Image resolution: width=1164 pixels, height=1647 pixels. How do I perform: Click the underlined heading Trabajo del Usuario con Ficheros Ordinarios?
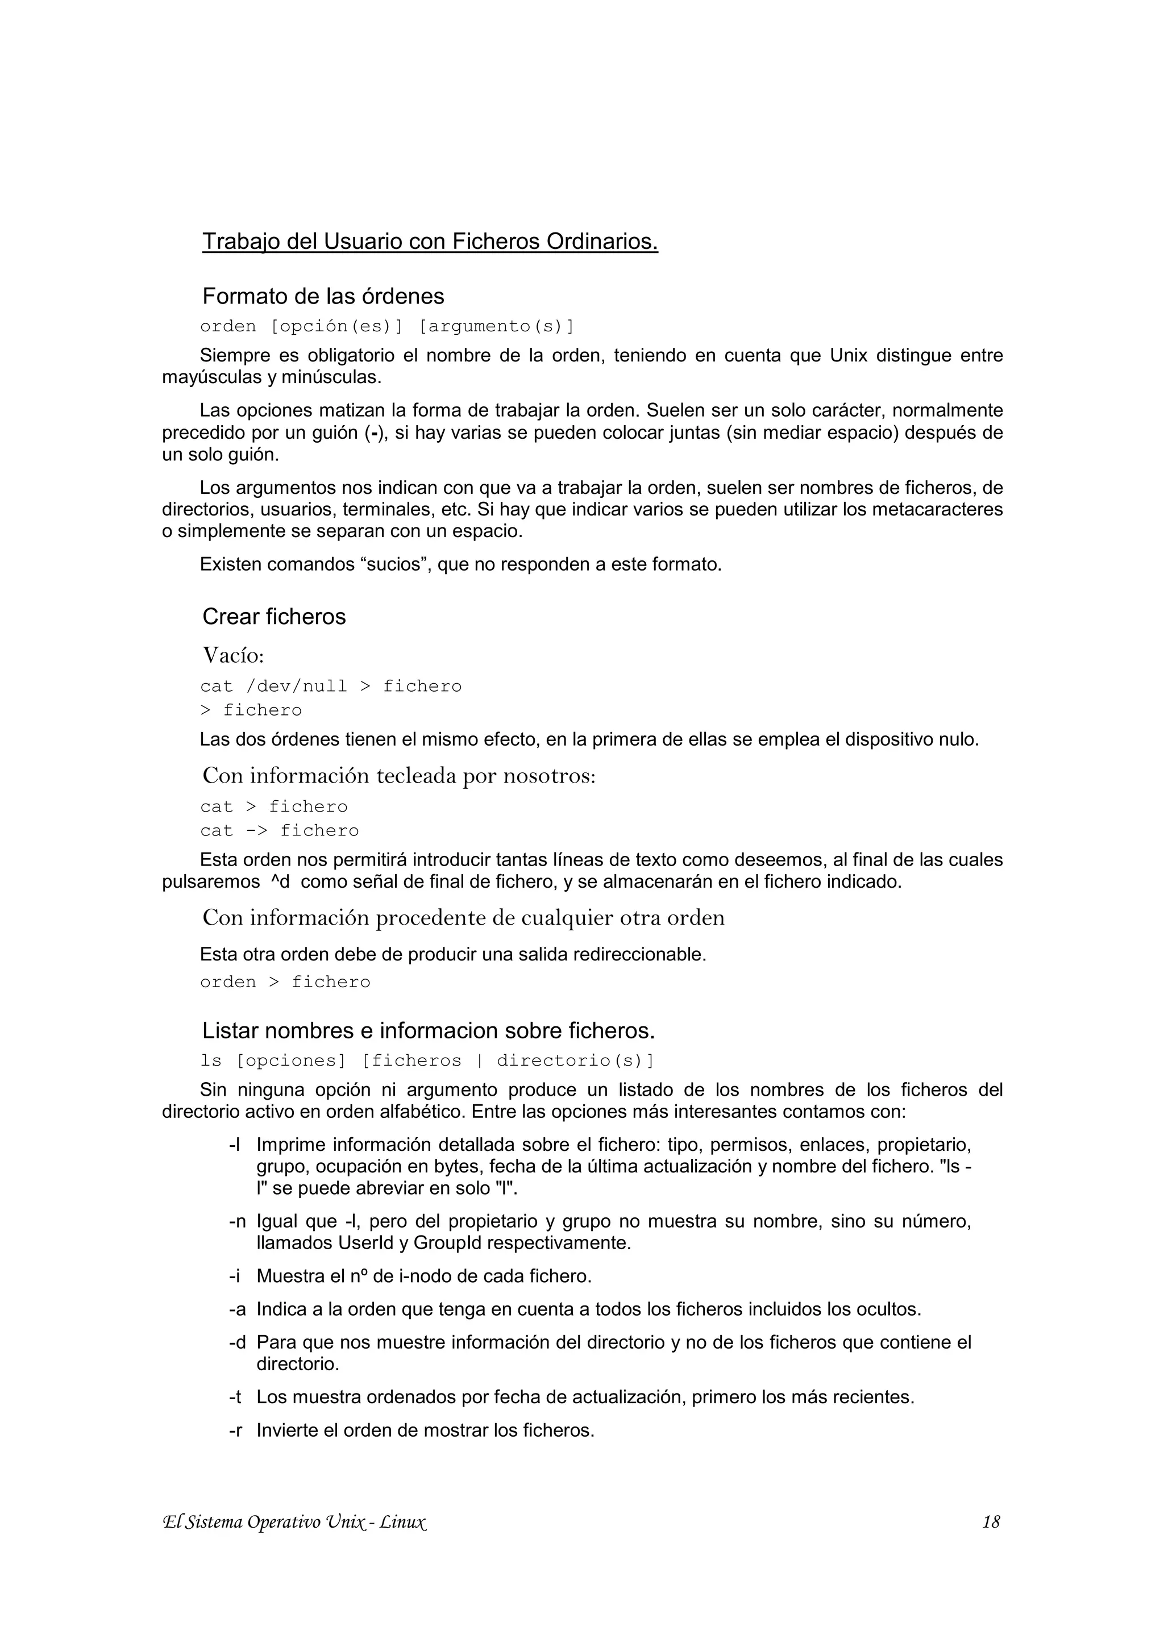click(430, 242)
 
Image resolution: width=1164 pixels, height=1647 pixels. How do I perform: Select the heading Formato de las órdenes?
click(323, 296)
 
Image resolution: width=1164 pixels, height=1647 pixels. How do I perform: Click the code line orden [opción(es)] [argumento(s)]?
click(387, 326)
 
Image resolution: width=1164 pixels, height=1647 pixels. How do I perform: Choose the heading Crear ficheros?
click(274, 616)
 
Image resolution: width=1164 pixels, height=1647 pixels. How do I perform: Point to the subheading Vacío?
click(233, 655)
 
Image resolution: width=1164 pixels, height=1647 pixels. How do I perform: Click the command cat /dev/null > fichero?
click(331, 687)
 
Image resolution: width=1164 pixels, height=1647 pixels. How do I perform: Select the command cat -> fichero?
click(279, 831)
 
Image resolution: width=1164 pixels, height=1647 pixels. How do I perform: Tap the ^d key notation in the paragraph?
click(280, 881)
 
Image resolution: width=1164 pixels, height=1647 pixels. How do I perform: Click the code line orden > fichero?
click(285, 982)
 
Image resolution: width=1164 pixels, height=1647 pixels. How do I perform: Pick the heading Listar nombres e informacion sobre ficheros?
click(428, 1031)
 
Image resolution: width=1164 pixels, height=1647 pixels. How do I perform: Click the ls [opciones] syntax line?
click(427, 1061)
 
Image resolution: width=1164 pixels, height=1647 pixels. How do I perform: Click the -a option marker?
click(236, 1309)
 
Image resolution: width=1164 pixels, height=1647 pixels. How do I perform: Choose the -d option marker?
click(236, 1342)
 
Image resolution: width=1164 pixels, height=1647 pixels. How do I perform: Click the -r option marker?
click(235, 1430)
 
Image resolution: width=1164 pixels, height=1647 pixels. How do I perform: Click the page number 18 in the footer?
click(991, 1522)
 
